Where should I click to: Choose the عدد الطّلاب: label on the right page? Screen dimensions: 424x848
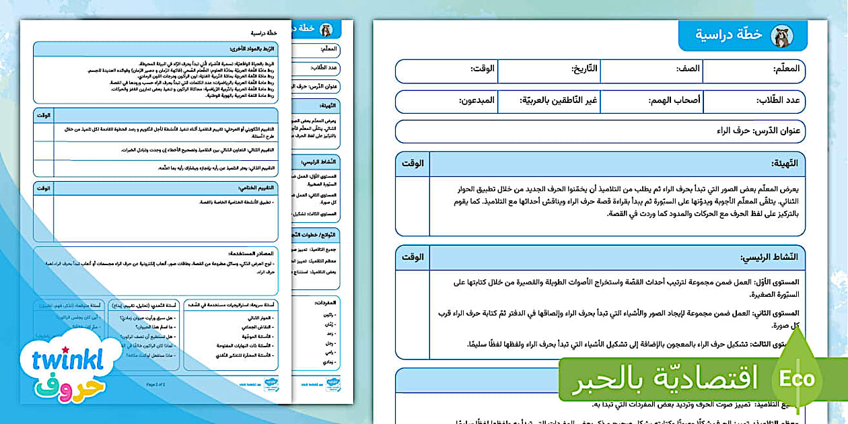click(x=774, y=101)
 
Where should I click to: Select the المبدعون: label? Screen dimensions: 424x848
click(x=477, y=101)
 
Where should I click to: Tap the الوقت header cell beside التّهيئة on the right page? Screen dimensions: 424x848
click(x=412, y=164)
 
